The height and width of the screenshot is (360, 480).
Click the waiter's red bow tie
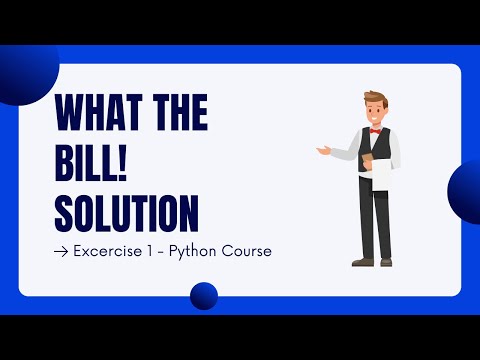[x=375, y=130]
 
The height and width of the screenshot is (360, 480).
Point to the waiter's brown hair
[x=374, y=99]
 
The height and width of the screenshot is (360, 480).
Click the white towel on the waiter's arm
[x=381, y=175]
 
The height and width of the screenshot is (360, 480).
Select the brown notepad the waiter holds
[x=367, y=160]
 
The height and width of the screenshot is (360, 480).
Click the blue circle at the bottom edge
[x=204, y=295]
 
